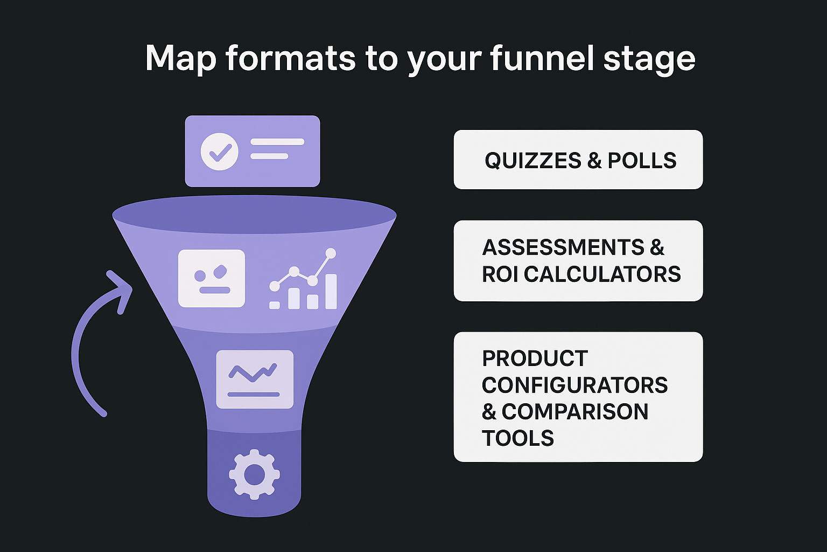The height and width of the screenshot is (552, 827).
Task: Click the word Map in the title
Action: (x=180, y=58)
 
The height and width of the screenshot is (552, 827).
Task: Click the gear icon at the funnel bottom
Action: (x=254, y=475)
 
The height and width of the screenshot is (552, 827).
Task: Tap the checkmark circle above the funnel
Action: (x=220, y=152)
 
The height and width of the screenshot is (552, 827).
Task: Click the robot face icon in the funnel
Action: (x=212, y=278)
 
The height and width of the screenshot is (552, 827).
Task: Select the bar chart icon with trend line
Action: (x=304, y=280)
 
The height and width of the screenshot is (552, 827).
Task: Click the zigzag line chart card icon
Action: (x=255, y=379)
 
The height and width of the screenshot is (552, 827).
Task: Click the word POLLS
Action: (x=642, y=161)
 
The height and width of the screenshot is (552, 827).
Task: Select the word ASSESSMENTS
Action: (x=563, y=247)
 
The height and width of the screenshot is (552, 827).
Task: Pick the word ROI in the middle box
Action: (x=500, y=274)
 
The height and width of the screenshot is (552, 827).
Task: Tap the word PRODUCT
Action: (x=535, y=358)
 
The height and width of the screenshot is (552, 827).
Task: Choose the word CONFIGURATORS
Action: (x=574, y=385)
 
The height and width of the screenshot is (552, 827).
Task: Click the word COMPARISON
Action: (x=574, y=412)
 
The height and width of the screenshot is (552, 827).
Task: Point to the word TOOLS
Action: (x=517, y=439)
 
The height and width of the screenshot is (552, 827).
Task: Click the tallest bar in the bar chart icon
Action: (x=331, y=291)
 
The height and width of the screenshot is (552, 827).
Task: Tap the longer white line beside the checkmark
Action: (x=277, y=142)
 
